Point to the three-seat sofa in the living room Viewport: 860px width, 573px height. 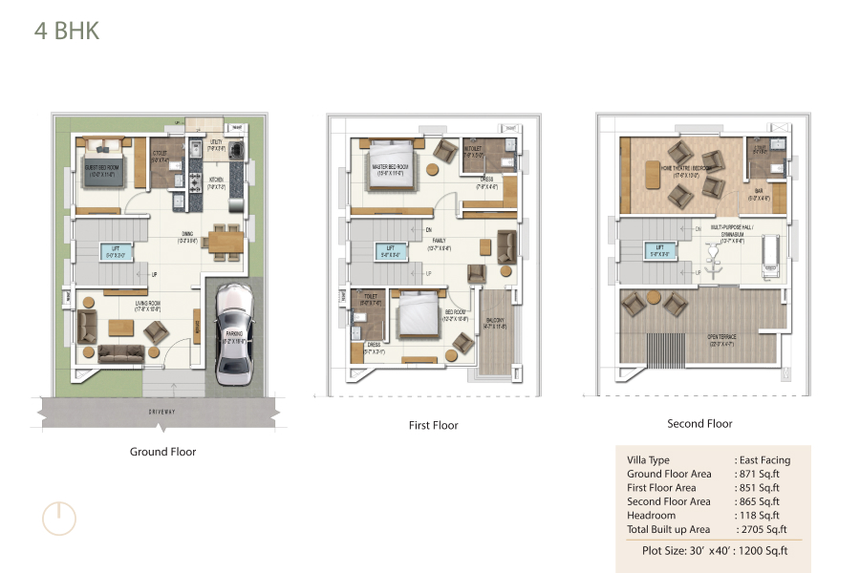pyautogui.click(x=120, y=354)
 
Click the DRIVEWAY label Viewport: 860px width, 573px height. pyautogui.click(x=161, y=412)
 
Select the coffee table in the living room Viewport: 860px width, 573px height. pyautogui.click(x=120, y=329)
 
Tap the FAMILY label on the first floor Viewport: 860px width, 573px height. pyautogui.click(x=440, y=241)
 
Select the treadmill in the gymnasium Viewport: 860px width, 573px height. pyautogui.click(x=770, y=256)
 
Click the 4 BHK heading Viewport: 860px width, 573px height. pyautogui.click(x=67, y=31)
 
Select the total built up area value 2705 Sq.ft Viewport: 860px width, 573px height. pyautogui.click(x=761, y=529)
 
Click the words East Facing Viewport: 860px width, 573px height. pyautogui.click(x=764, y=460)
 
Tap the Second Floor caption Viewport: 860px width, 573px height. pyautogui.click(x=699, y=423)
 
